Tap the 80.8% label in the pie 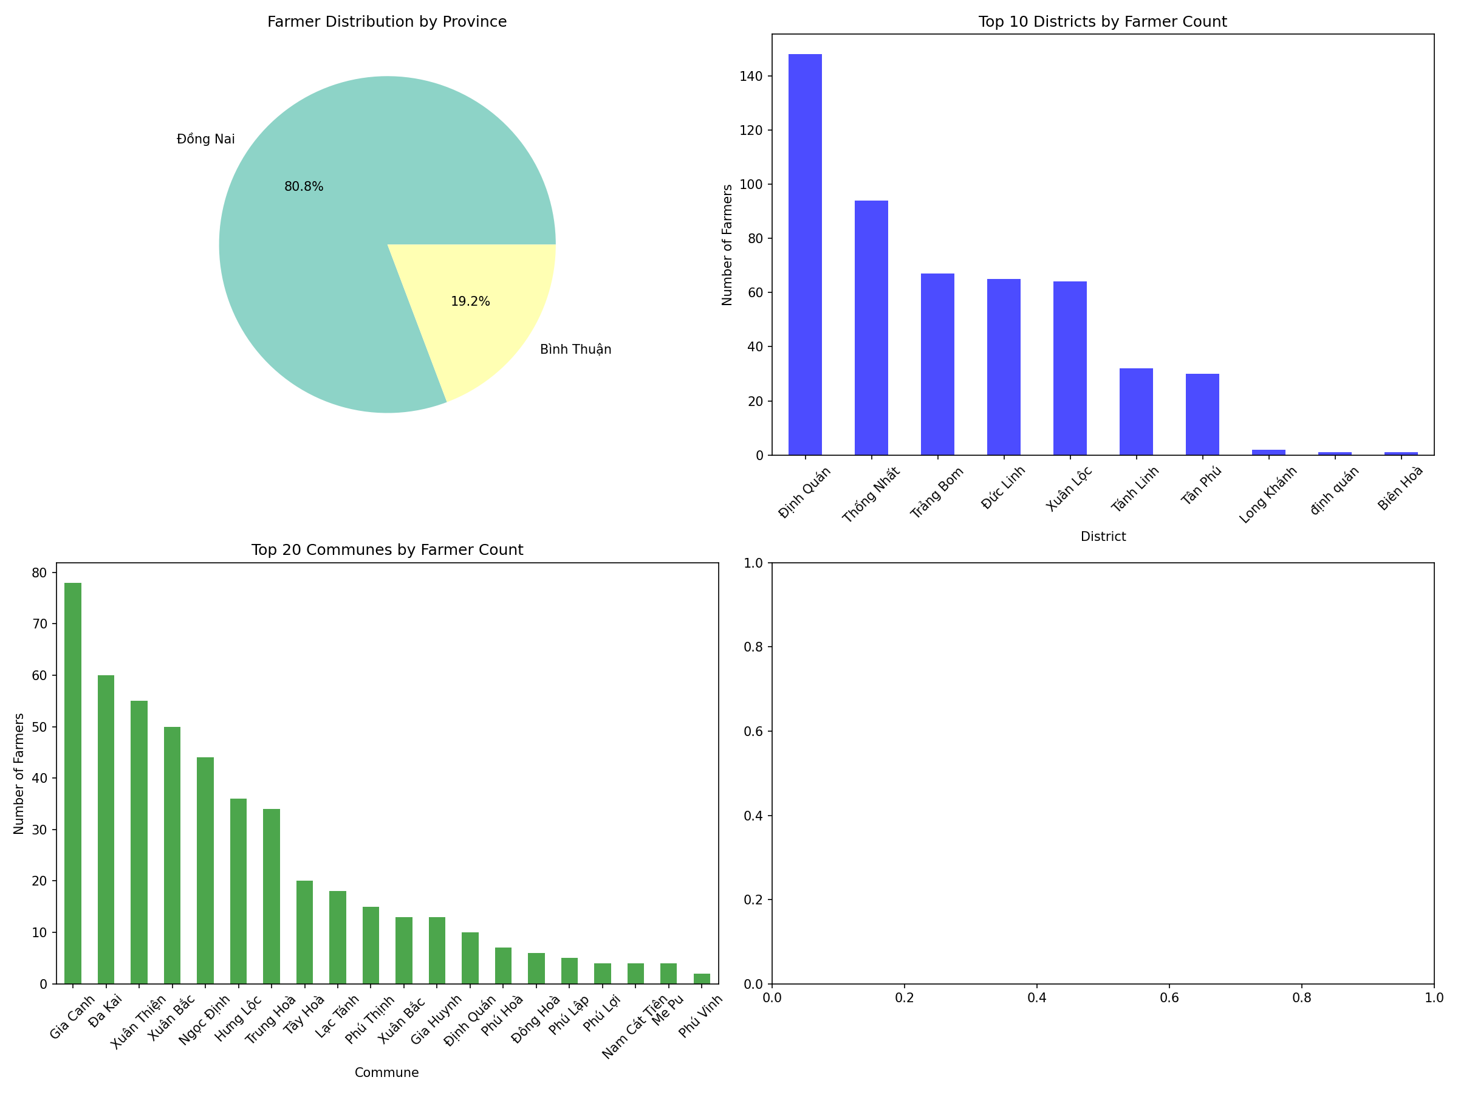304,187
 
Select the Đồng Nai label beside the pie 206,139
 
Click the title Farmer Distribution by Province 387,22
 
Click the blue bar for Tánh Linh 1137,411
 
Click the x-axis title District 1103,537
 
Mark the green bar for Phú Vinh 702,979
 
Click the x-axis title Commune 386,1072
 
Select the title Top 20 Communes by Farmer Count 387,550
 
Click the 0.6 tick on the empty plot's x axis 1169,998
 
